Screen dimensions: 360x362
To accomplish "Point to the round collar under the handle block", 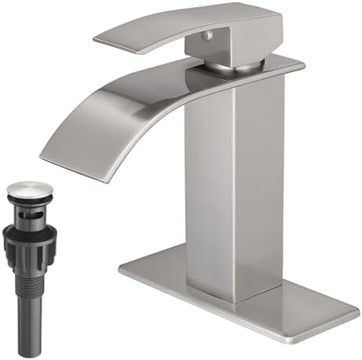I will point(236,65).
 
